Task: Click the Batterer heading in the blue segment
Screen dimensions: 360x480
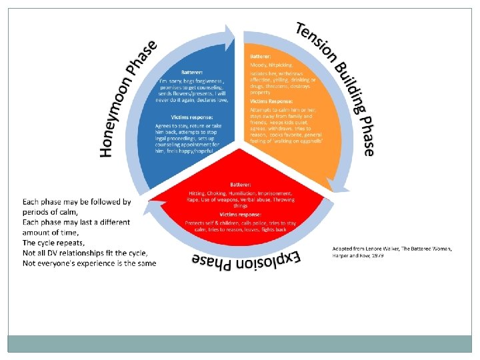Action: point(195,72)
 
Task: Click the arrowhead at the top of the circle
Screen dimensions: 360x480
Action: point(231,37)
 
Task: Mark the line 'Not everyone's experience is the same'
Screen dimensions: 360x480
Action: point(89,263)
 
